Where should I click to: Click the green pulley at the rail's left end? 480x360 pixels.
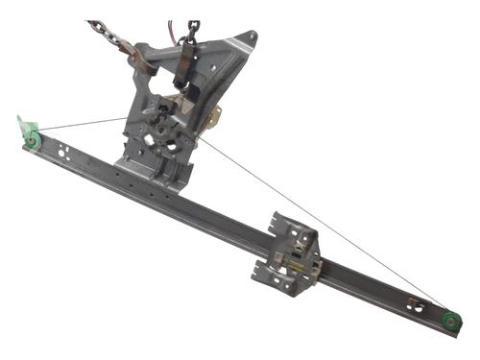[33, 142]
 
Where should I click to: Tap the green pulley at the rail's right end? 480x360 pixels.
[450, 322]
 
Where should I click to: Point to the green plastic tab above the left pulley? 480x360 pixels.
[23, 126]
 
